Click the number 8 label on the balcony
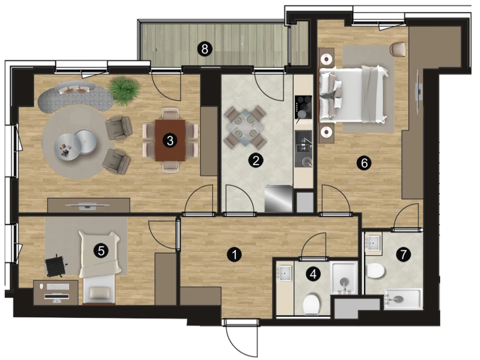[205, 48]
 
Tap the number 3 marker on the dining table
[170, 141]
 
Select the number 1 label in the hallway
[234, 254]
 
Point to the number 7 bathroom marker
[403, 254]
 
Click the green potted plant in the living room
[125, 90]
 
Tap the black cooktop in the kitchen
[303, 107]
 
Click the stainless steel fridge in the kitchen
[278, 198]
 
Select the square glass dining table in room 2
[245, 127]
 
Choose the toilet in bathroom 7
[376, 271]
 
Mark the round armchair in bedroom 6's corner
[398, 49]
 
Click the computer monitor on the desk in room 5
[57, 297]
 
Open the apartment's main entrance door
[241, 339]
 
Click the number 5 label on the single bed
[101, 251]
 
